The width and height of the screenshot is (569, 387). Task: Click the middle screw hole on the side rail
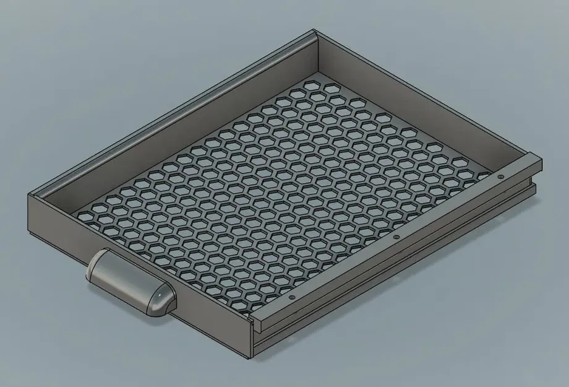(396, 237)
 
